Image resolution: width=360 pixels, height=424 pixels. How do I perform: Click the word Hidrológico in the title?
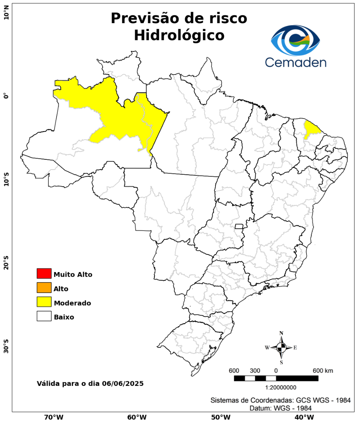179,35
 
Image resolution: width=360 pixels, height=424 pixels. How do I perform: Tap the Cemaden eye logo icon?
296,40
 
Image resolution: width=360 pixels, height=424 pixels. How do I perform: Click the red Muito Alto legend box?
44,273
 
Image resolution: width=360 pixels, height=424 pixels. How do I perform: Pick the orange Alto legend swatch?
44,288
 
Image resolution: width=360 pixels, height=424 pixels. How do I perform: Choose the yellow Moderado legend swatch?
44,302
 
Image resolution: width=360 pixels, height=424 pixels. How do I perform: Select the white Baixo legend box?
44,316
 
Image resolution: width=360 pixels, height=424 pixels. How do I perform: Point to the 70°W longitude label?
54,417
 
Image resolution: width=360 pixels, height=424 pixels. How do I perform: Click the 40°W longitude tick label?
303,417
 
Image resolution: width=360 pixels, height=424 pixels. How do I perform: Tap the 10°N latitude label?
6,16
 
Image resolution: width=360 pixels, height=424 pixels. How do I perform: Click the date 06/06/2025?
122,383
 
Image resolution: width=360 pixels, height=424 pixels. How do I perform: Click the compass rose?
281,347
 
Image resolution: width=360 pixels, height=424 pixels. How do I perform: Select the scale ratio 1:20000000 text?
281,387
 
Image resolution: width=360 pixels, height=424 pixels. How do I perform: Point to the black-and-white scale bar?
276,378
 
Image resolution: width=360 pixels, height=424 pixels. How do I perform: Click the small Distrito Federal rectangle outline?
239,226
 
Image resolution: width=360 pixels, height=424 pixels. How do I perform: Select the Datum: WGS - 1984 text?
281,408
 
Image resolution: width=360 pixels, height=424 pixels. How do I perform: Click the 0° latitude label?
6,96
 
